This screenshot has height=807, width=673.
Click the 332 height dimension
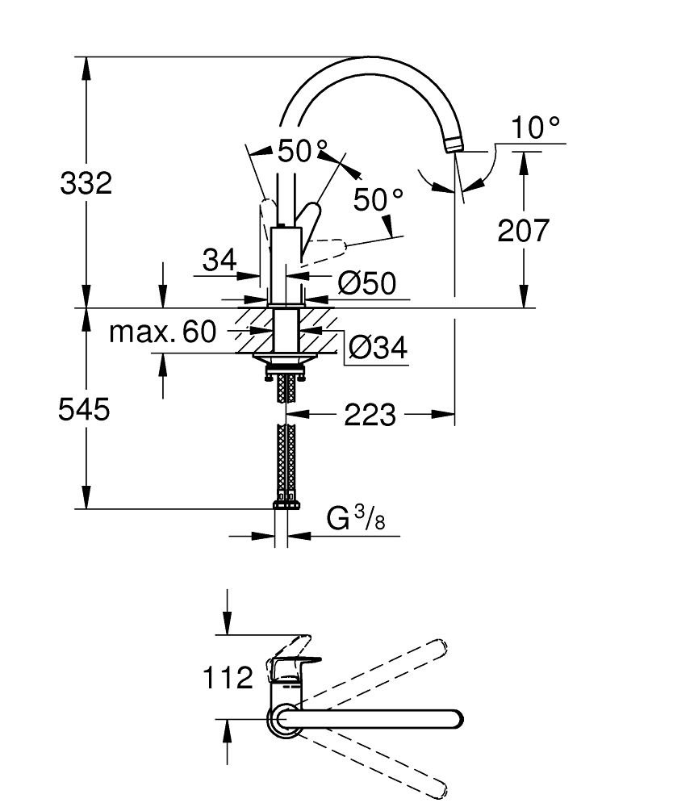point(86,183)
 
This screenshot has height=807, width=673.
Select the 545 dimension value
point(84,410)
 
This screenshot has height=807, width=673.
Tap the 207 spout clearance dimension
point(523,230)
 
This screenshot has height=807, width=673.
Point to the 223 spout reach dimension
point(370,415)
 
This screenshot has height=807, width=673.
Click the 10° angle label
point(535,128)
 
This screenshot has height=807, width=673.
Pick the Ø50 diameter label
point(367,283)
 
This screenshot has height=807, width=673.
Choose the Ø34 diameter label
point(378,347)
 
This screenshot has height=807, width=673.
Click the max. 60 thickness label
point(162,332)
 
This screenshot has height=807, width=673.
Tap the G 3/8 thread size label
point(356,518)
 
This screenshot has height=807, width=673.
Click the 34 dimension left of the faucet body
point(219,260)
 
